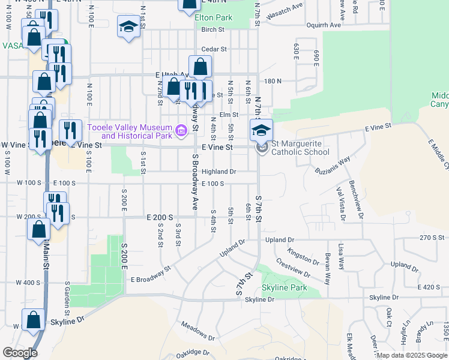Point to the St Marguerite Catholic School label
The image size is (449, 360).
click(300, 148)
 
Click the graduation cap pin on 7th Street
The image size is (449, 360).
click(261, 130)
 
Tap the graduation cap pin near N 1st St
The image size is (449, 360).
click(127, 28)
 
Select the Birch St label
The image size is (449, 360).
click(213, 29)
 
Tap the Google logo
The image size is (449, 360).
click(20, 353)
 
